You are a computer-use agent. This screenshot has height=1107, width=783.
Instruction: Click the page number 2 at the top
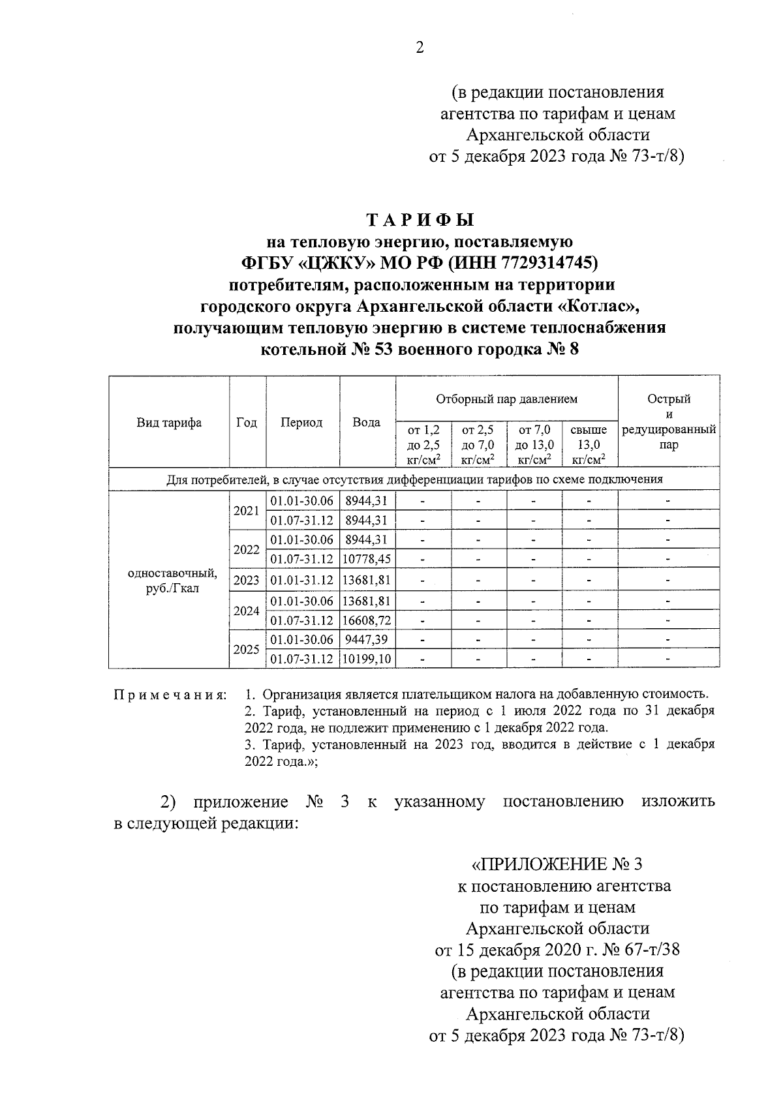click(420, 48)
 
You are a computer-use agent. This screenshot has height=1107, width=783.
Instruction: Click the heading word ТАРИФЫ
click(420, 220)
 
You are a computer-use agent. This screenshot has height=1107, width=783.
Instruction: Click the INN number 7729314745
click(546, 263)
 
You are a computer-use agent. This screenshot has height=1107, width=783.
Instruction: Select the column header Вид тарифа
click(169, 423)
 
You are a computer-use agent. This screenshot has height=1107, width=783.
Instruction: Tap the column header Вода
click(367, 423)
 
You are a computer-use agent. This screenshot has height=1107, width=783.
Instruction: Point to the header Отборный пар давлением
click(506, 399)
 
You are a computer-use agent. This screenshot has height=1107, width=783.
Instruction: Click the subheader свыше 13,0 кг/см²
click(589, 445)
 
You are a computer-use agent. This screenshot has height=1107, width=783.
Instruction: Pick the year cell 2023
click(247, 581)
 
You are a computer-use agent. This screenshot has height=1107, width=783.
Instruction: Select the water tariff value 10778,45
click(367, 560)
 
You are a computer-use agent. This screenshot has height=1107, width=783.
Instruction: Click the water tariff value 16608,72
click(367, 620)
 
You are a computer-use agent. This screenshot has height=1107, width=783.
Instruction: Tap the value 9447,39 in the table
click(367, 639)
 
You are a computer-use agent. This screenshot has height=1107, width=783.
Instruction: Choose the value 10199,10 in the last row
click(367, 660)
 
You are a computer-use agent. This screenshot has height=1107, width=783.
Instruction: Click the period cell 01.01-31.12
click(302, 581)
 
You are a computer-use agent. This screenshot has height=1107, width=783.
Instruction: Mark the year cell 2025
click(247, 650)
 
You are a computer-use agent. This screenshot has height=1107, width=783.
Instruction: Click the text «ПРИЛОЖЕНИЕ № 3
click(557, 864)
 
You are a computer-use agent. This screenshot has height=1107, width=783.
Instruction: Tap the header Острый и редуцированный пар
click(668, 422)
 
